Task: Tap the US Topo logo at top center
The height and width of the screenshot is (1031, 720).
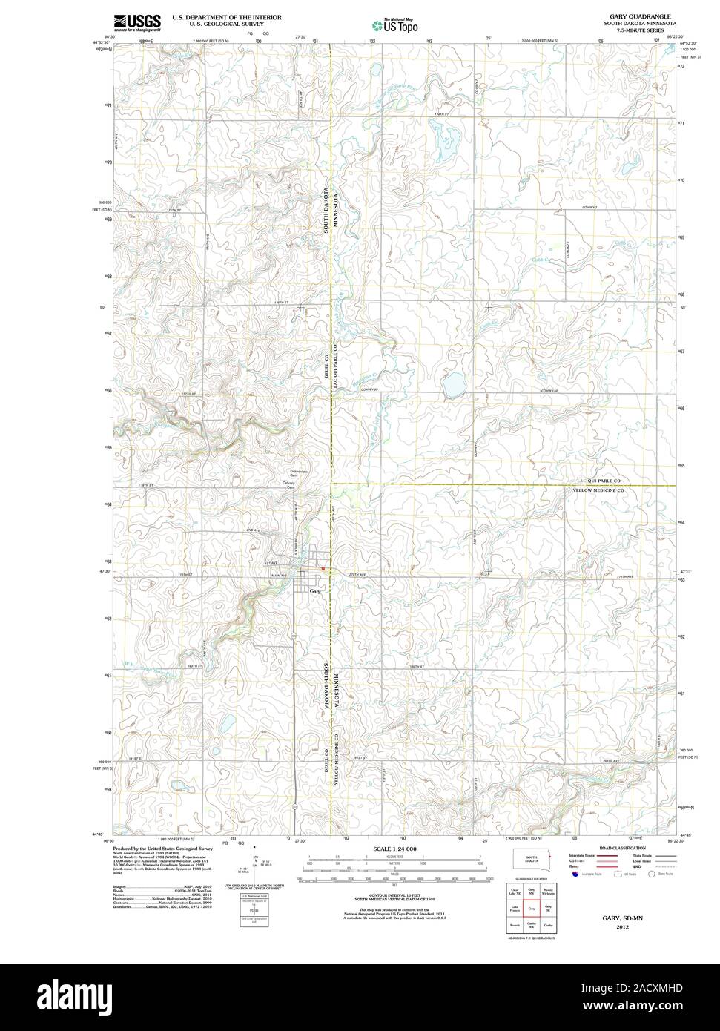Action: click(394, 24)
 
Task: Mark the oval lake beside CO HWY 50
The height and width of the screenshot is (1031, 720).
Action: click(450, 385)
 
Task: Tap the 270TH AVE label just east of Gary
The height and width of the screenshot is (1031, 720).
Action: click(358, 574)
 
